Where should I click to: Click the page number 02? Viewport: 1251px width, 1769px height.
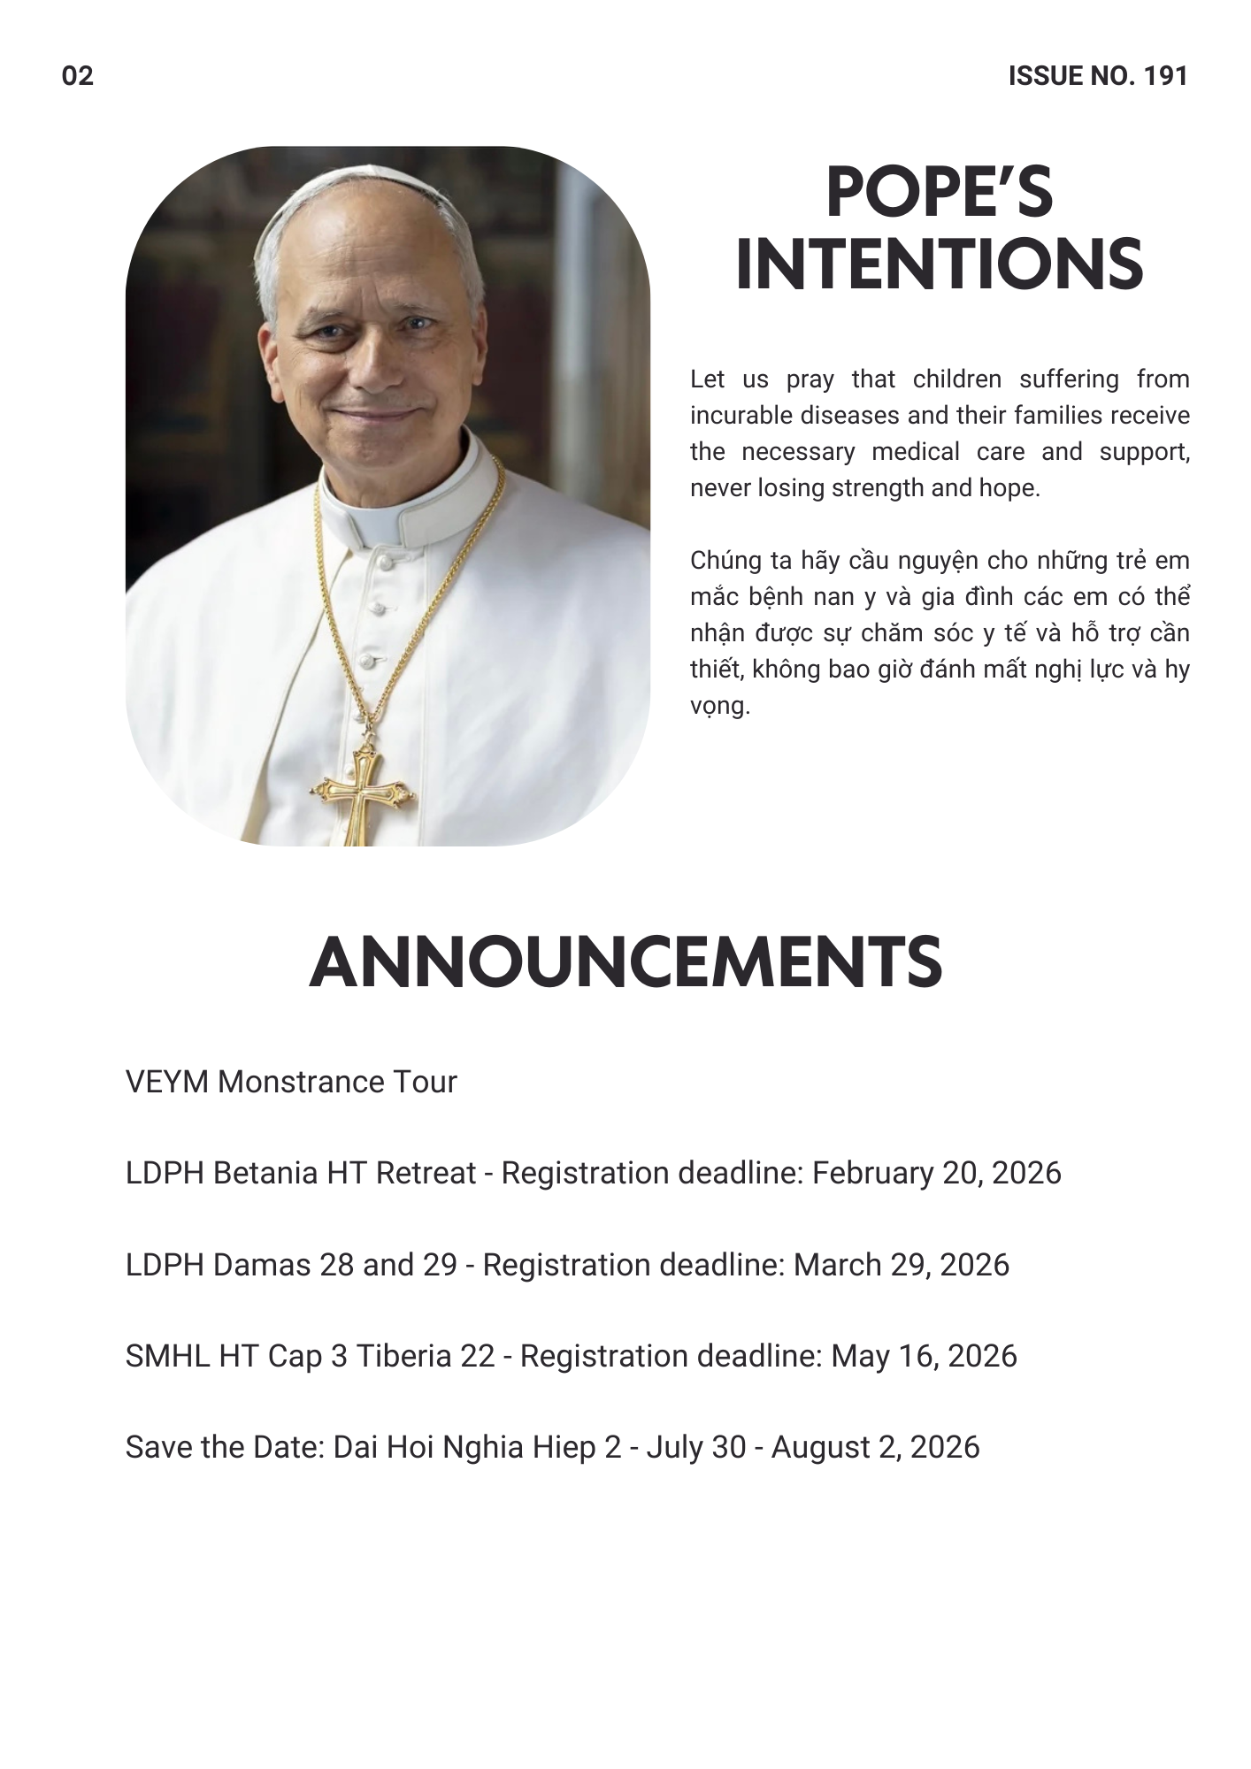78,76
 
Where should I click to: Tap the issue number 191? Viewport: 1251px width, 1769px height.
1165,76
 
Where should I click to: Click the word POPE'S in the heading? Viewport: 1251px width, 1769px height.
939,193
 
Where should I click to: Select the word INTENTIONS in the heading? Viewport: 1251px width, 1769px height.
939,264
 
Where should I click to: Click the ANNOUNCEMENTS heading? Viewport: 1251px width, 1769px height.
625,962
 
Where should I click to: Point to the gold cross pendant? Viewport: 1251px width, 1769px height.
361,792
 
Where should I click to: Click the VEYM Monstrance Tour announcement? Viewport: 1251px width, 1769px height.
291,1082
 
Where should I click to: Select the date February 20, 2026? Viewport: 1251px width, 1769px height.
936,1173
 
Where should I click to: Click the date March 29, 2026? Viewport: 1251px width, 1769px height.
901,1265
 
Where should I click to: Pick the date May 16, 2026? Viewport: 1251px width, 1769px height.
924,1356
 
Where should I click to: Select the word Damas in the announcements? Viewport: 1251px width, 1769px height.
262,1265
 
